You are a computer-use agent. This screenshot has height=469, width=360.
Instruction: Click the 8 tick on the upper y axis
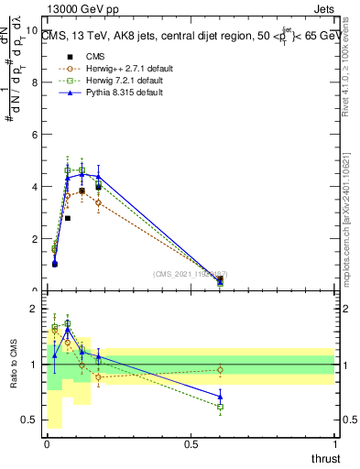pos(35,82)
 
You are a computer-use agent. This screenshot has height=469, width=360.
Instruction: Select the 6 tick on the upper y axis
pos(35,135)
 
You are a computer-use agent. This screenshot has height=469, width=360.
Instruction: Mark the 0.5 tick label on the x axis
pos(191,445)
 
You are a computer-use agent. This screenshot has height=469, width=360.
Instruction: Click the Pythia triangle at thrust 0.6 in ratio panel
pos(220,397)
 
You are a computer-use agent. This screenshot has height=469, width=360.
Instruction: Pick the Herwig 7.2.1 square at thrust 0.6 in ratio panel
pos(220,407)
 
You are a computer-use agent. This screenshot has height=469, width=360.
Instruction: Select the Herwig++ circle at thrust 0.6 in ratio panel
pos(220,370)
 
